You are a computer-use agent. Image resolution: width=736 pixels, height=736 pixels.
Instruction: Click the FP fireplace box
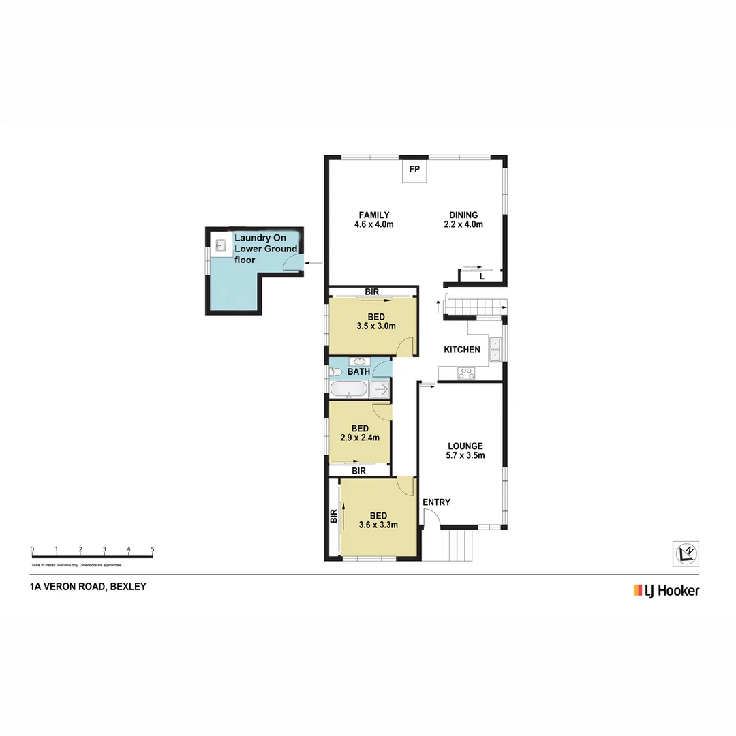tap(414, 172)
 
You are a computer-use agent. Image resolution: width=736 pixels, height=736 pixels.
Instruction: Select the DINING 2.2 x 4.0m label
tap(463, 219)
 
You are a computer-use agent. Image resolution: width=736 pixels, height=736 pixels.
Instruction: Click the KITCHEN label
tap(462, 350)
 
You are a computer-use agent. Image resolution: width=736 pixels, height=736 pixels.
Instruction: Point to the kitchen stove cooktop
tap(467, 373)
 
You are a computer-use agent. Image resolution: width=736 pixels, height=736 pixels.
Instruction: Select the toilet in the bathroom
tap(335, 372)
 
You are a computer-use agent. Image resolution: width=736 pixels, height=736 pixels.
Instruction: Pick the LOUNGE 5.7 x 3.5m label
tap(465, 451)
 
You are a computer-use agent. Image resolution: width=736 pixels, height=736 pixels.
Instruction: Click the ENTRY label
tap(436, 502)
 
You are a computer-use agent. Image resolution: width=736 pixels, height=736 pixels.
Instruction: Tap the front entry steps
tap(457, 545)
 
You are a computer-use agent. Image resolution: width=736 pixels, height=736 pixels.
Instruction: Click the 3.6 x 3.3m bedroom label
tap(378, 521)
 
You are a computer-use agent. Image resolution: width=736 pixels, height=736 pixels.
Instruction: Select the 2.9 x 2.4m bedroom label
tap(360, 433)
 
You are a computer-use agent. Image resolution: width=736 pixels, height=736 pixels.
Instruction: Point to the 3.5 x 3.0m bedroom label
tap(375, 322)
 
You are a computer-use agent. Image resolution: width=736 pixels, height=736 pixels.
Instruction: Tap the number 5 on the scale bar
tap(153, 549)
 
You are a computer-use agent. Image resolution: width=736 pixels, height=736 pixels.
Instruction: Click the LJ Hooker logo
tap(666, 590)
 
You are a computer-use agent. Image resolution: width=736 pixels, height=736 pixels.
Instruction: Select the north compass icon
tap(686, 553)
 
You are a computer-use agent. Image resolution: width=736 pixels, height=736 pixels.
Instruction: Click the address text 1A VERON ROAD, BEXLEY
tap(88, 587)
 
